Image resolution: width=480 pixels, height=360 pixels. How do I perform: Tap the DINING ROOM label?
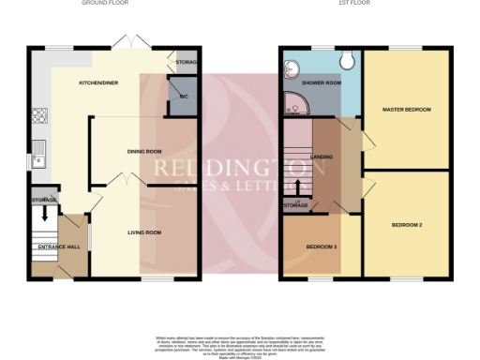click(x=144, y=150)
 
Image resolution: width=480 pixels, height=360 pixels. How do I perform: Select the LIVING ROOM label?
click(x=144, y=232)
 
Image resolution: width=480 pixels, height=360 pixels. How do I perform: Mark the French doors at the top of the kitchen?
click(x=125, y=43)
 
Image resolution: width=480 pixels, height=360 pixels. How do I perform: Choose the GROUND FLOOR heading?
click(x=105, y=4)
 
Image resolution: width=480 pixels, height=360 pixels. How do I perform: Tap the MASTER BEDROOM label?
click(x=406, y=110)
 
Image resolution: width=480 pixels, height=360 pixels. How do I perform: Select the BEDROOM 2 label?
click(x=406, y=225)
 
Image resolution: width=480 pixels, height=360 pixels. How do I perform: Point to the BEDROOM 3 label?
click(x=322, y=247)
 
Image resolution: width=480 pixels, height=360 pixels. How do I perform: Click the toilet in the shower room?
click(x=348, y=61)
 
